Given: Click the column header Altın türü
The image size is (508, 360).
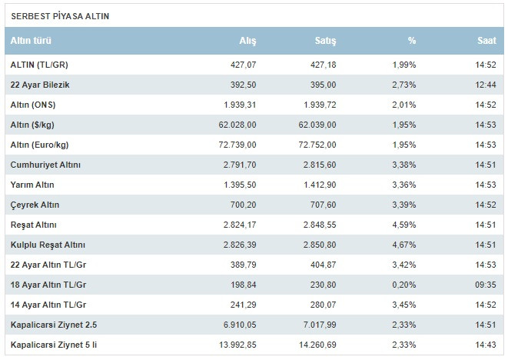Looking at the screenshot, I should [32, 41].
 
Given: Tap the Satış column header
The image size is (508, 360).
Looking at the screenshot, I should [326, 41].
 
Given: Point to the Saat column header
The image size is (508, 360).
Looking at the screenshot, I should [486, 41].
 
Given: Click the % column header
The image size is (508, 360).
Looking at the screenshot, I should [412, 41].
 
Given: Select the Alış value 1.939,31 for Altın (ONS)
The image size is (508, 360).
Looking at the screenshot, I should [237, 105].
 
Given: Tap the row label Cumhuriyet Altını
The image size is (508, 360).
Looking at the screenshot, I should [45, 165].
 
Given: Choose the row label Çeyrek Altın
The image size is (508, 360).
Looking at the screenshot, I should [35, 205].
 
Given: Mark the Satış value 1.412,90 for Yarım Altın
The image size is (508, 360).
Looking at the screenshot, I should [319, 185].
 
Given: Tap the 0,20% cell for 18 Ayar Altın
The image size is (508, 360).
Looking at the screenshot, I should [403, 285].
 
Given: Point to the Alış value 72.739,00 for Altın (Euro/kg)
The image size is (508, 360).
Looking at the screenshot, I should [235, 145].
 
